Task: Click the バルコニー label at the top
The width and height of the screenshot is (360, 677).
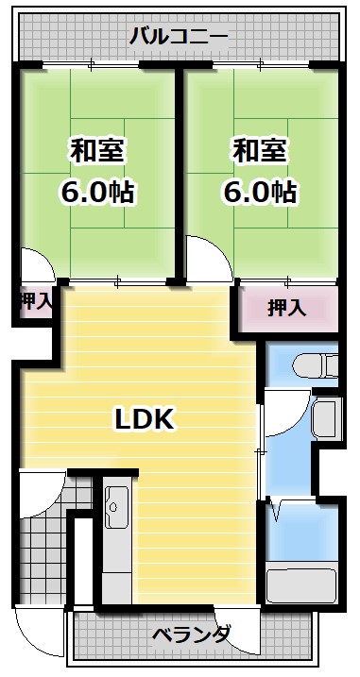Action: pos(179,37)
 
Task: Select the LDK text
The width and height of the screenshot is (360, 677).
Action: pos(144,418)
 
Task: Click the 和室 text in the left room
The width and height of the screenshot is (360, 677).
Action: pos(97,150)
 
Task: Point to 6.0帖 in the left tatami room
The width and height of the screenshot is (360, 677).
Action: pos(97,193)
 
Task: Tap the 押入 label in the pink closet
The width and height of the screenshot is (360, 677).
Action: pos(286,308)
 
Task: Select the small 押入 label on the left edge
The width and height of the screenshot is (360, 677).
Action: pos(36,303)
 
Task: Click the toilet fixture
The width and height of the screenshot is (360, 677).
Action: pos(313,363)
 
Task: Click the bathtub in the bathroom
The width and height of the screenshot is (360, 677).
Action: pos(302,582)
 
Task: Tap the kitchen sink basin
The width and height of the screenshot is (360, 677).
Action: pos(116,511)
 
